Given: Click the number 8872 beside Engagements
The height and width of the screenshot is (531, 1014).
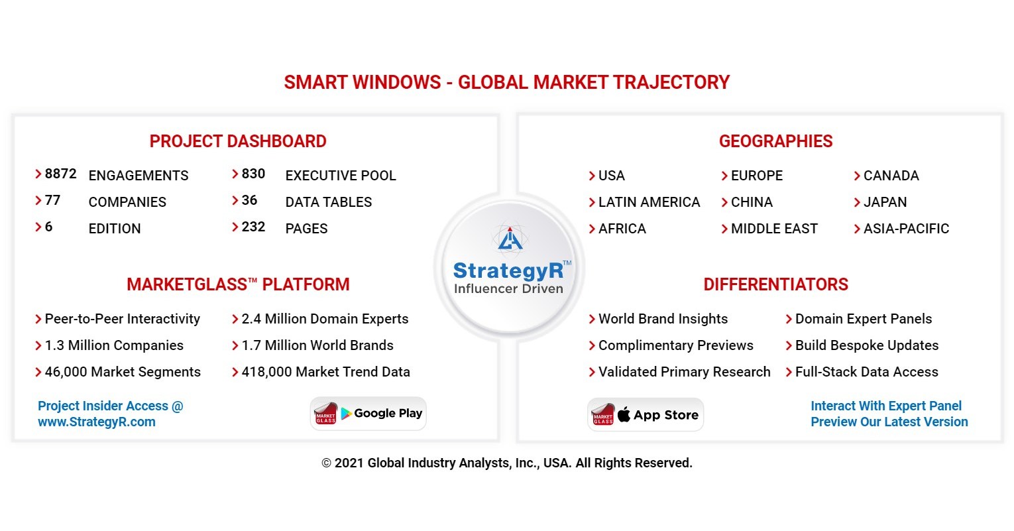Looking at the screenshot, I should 60,174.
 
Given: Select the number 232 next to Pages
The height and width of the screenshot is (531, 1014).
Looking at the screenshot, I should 253,227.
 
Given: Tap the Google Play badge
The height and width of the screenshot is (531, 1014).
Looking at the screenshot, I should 368,414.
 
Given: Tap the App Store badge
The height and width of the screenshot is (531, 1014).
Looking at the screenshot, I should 646,415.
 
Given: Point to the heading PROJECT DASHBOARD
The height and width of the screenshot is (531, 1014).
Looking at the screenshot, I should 238,141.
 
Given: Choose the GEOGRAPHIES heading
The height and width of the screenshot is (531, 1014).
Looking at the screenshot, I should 775,141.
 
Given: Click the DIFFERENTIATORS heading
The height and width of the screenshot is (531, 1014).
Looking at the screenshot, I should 775,284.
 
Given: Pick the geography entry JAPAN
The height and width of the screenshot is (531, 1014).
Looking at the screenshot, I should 885,202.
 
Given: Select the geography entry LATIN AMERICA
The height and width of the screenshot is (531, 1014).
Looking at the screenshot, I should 649,202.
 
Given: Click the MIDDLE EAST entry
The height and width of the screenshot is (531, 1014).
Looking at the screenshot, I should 774,229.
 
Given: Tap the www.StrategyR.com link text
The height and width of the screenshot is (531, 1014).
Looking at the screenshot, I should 97,422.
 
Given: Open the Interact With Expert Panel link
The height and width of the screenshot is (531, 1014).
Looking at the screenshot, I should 886,406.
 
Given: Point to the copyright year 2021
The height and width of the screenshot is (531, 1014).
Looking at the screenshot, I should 349,463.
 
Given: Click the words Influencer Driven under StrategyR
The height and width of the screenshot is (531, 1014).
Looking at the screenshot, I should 508,288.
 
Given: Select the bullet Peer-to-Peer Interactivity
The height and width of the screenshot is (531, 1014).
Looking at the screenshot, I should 122,319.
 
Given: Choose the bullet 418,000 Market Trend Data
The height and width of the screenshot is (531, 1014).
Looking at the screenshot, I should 325,372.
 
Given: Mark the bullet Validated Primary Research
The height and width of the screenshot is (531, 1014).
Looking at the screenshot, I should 684,372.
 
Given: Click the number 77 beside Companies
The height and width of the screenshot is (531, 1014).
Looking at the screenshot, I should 52,200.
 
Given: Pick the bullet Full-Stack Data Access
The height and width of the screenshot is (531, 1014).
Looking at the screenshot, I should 866,372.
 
